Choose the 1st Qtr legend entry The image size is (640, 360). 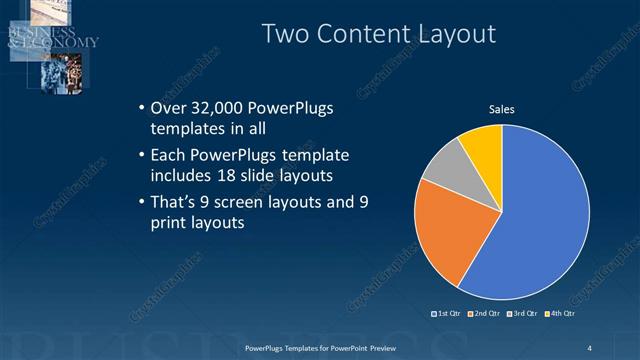click(447, 313)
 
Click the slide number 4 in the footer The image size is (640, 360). click(589, 347)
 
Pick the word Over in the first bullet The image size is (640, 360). click(166, 108)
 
